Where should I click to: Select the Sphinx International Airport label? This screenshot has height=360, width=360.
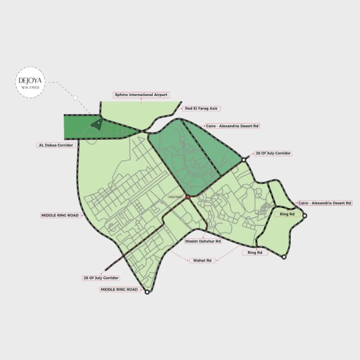tap(141, 95)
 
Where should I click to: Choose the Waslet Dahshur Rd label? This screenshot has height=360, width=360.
tap(203, 241)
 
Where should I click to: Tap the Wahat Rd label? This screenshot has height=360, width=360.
tap(202, 260)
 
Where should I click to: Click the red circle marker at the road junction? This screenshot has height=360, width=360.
tap(188, 197)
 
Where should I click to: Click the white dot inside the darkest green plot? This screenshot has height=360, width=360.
tap(98, 122)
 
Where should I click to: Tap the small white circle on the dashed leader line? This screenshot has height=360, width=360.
tap(76, 98)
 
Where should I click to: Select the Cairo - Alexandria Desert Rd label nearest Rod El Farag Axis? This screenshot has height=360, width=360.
tap(232, 126)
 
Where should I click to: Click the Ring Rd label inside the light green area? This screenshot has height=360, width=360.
tap(287, 214)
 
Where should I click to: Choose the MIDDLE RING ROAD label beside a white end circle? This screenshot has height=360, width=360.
tap(119, 290)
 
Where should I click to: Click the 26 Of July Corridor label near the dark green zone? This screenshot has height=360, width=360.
tap(273, 153)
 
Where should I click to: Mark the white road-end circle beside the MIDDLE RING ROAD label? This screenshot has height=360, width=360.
tap(147, 292)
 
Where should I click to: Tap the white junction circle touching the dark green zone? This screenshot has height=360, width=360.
tap(244, 160)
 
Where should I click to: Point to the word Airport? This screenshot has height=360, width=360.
tap(160, 95)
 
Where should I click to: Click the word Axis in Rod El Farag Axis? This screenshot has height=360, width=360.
tap(215, 109)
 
